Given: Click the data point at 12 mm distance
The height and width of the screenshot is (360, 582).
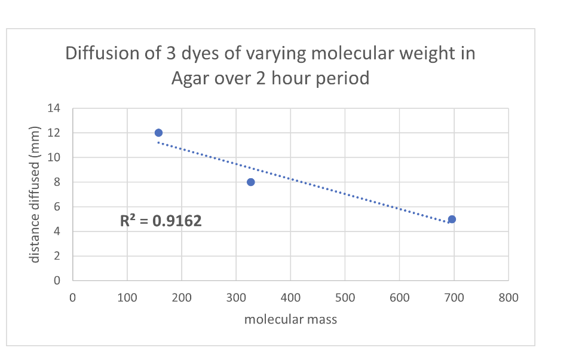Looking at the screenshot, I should click(x=158, y=133).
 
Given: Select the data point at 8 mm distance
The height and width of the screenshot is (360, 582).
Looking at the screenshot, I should click(x=251, y=182).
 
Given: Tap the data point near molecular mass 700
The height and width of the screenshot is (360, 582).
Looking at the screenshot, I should click(x=452, y=219).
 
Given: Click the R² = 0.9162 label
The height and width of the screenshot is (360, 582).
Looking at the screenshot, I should click(x=161, y=221).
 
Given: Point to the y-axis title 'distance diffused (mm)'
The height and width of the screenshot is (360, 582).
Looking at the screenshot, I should click(x=35, y=194).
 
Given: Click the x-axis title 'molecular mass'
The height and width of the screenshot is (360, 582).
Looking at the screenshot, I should click(x=290, y=319).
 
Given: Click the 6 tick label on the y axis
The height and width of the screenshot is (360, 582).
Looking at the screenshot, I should click(x=57, y=207).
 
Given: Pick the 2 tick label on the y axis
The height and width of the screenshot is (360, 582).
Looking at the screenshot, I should click(x=57, y=256).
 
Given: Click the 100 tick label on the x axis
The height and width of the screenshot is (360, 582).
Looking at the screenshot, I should click(x=127, y=297).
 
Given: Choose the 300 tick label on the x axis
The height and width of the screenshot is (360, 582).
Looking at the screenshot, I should click(x=236, y=297).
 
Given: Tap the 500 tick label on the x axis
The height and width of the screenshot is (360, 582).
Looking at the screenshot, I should click(x=345, y=297).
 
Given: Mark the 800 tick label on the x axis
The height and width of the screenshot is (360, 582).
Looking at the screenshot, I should click(x=509, y=297).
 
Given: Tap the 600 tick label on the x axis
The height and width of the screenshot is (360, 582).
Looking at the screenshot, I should click(x=399, y=297).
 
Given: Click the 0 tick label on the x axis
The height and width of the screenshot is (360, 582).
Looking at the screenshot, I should click(x=72, y=297).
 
